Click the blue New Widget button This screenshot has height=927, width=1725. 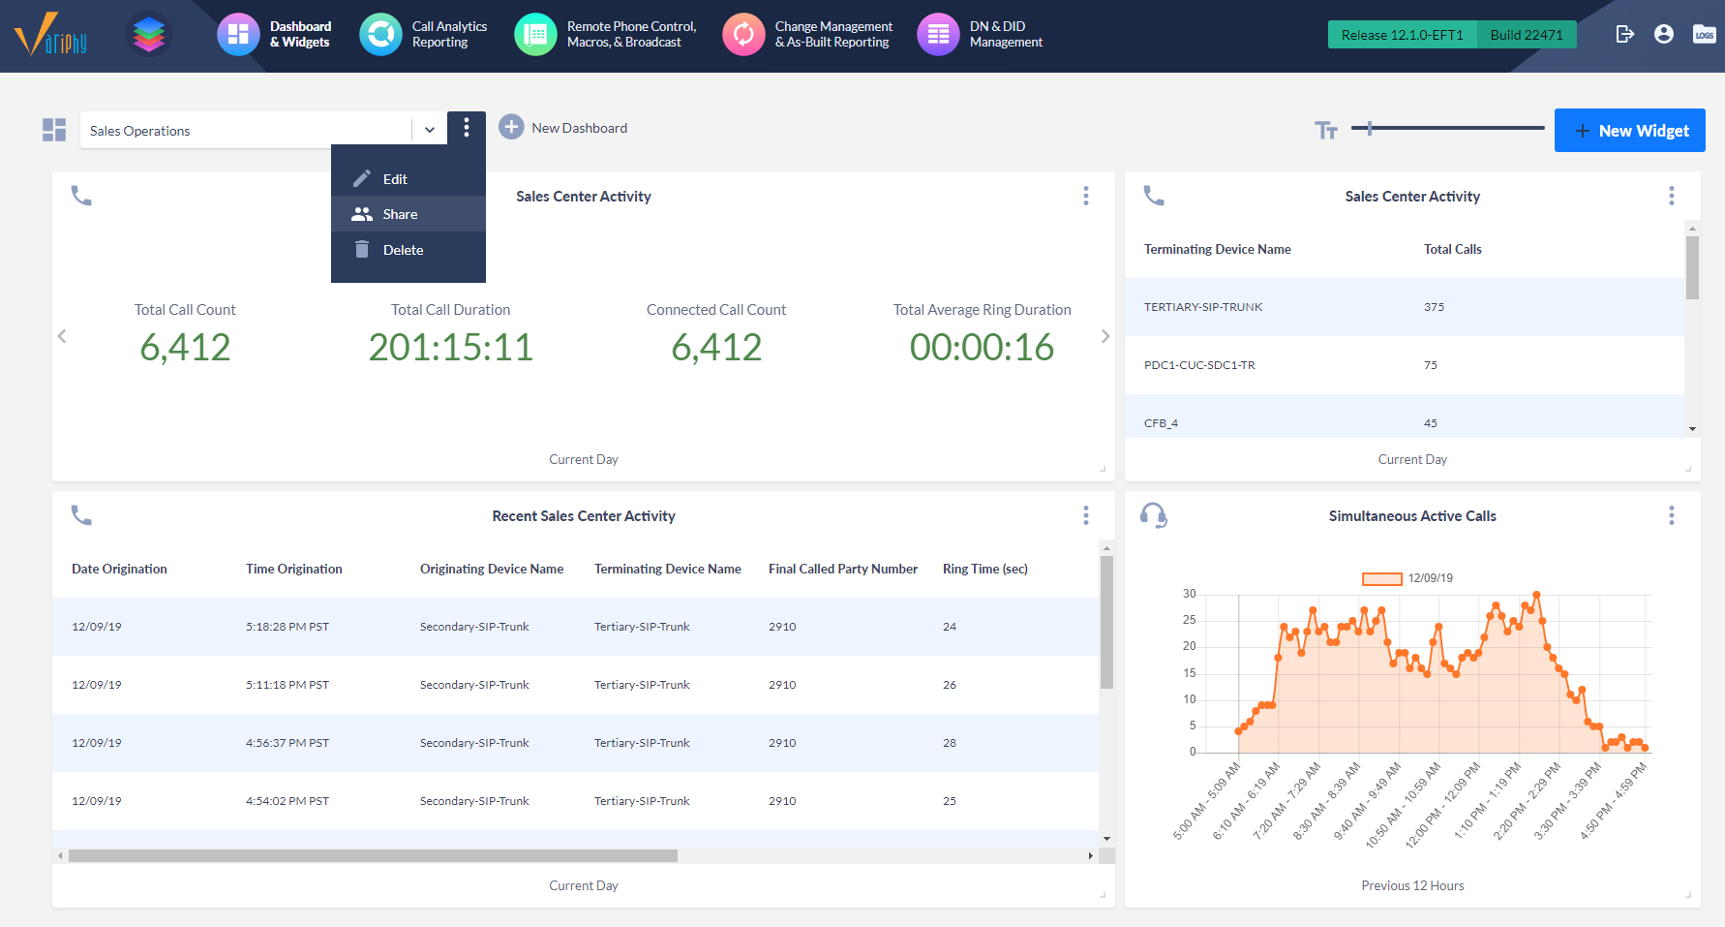click(1629, 131)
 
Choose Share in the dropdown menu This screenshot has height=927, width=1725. click(400, 214)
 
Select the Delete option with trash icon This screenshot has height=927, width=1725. click(402, 250)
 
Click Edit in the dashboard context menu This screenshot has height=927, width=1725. click(394, 179)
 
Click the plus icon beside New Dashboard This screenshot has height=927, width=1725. click(511, 127)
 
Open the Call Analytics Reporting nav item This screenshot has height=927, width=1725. click(424, 34)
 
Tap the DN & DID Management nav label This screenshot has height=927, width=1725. click(1005, 34)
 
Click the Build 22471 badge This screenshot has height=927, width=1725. click(1526, 35)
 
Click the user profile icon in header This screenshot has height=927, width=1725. click(1663, 34)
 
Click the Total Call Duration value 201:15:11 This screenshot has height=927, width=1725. click(450, 348)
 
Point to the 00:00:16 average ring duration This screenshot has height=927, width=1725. click(981, 348)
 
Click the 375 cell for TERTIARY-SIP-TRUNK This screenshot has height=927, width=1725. click(1434, 307)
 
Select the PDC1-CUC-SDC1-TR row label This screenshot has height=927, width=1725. click(1198, 365)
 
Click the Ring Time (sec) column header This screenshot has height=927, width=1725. click(984, 569)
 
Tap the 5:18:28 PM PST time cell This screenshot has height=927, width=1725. click(287, 627)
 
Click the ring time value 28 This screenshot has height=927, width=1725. click(949, 743)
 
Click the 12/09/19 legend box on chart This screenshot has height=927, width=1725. click(1381, 578)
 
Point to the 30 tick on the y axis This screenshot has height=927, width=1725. click(1189, 594)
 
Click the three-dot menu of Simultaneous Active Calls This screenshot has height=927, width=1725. click(1671, 515)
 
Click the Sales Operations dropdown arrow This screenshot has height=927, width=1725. click(430, 130)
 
